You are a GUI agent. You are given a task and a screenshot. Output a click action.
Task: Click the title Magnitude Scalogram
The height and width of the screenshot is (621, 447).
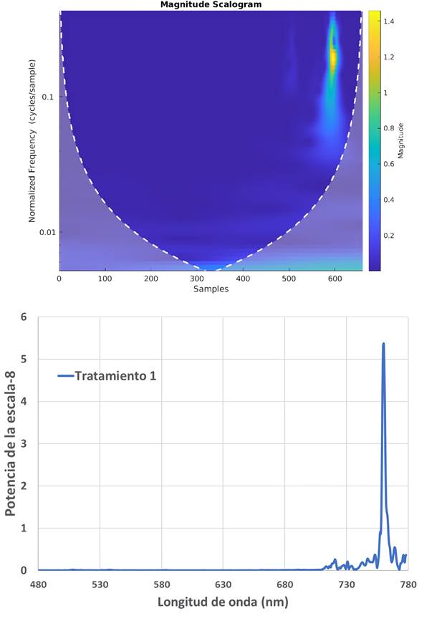tap(211, 5)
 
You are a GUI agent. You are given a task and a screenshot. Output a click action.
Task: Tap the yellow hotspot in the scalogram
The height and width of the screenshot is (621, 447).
tap(332, 57)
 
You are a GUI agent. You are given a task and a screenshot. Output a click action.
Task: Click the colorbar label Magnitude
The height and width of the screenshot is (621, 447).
tap(400, 140)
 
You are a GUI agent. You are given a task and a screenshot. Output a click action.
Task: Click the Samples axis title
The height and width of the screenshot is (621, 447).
tap(211, 289)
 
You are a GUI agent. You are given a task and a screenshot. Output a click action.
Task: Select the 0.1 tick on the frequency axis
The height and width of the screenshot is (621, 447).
tap(49, 97)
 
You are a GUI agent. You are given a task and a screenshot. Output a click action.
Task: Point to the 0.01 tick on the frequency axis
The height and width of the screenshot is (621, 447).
tap(47, 232)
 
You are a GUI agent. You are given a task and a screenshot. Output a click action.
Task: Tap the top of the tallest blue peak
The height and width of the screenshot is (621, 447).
tap(383, 344)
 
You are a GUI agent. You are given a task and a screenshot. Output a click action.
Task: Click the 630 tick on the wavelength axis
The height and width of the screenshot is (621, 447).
tap(223, 584)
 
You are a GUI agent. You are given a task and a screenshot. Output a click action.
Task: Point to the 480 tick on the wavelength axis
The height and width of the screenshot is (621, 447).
tap(38, 584)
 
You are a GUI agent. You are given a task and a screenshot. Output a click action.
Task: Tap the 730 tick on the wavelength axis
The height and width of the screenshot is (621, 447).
tap(347, 584)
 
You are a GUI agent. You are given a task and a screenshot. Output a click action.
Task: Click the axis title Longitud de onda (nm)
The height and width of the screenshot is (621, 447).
tap(223, 602)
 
